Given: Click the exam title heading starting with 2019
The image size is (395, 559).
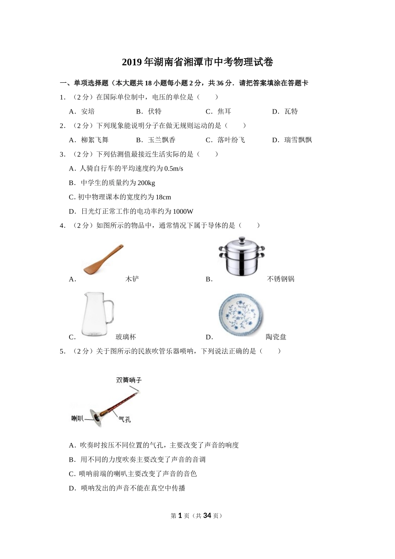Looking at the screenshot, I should click(197, 62).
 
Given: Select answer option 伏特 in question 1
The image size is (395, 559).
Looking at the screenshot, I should click(154, 111).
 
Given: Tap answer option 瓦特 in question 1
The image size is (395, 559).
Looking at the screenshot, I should click(291, 111).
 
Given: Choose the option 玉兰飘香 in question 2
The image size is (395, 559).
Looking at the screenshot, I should click(161, 140).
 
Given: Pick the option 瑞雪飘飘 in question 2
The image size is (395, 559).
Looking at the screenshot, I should click(298, 140).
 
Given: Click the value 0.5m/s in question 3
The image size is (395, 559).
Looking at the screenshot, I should click(174, 169).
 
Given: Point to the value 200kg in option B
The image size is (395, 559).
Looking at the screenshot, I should click(146, 183).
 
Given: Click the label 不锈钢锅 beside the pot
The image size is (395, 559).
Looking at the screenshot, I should click(281, 279).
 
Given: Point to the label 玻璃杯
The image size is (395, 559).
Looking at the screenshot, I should click(126, 337).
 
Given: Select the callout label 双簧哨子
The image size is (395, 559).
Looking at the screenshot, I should click(129, 380).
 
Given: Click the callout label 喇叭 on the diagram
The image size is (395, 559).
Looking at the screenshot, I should click(78, 418).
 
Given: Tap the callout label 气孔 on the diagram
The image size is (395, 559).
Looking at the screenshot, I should click(124, 419).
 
